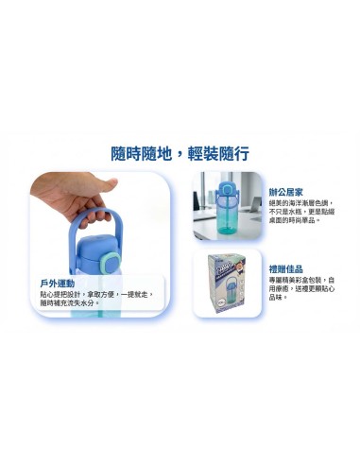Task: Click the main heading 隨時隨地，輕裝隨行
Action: (180, 155)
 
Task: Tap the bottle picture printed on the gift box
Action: (235, 285)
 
